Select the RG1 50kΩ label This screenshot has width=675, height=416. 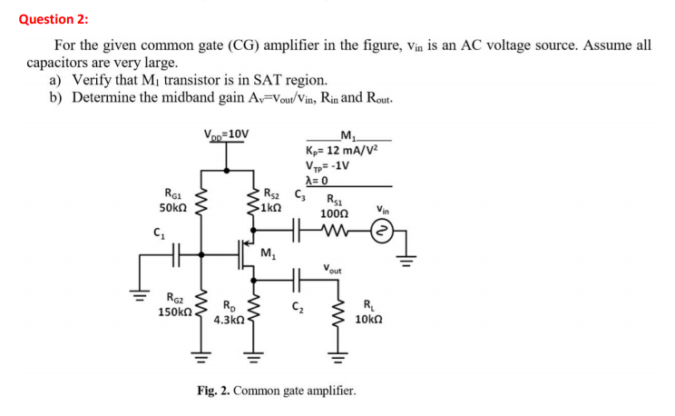click(171, 201)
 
